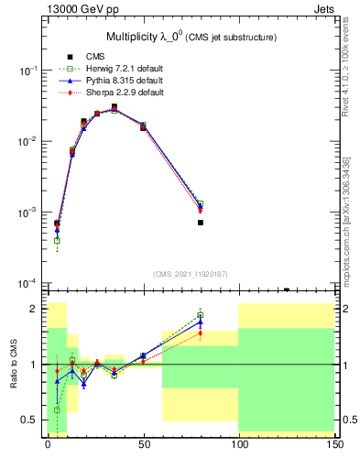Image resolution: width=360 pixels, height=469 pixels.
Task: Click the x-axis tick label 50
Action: coord(143,443)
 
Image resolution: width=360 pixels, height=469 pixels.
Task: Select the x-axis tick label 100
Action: coord(238,443)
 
